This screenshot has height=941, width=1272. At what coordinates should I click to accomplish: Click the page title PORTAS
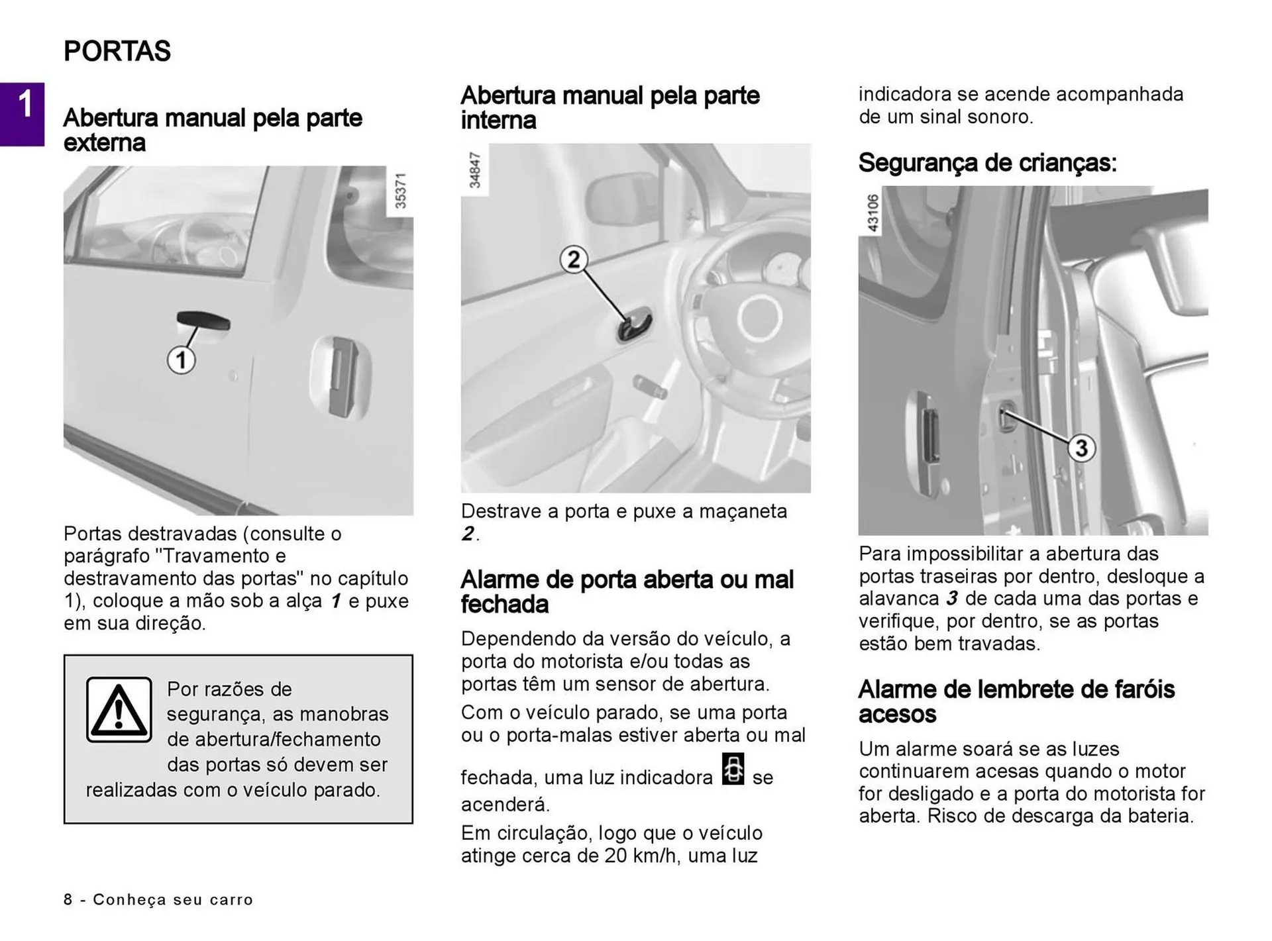(117, 51)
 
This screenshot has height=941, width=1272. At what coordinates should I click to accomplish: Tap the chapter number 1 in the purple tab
(25, 105)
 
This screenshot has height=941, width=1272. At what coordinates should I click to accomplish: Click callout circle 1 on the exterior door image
(180, 361)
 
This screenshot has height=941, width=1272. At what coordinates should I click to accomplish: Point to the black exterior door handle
(203, 321)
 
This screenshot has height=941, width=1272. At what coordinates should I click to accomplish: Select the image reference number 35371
(400, 191)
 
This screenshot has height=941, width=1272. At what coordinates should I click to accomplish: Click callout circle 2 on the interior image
(573, 259)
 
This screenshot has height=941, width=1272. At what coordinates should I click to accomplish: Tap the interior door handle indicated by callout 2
(635, 326)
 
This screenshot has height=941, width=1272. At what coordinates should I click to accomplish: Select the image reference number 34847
(474, 170)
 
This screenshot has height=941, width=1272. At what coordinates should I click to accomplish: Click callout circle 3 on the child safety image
(1081, 448)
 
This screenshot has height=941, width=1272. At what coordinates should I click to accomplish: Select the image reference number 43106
(873, 213)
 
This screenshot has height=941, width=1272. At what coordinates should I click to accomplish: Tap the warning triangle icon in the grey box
(119, 710)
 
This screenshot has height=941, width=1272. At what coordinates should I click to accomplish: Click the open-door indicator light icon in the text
(733, 769)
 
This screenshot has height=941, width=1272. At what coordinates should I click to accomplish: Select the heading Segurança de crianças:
(987, 162)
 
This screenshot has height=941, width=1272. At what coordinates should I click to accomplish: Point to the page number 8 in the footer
(68, 899)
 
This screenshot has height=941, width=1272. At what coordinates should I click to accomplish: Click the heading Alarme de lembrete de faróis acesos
(1016, 701)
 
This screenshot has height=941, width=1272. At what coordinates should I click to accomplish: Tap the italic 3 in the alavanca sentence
(951, 599)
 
